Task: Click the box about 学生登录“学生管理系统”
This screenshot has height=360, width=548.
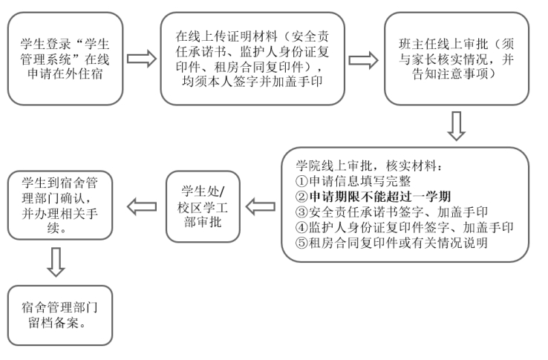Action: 62,59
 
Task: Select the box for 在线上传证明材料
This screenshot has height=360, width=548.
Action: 252,59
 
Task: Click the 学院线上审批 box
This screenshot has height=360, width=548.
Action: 405,204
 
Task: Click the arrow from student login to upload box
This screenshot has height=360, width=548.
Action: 142,59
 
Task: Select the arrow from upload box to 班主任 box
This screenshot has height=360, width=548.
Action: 362,59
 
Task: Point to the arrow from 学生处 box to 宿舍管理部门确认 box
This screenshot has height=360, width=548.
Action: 142,204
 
